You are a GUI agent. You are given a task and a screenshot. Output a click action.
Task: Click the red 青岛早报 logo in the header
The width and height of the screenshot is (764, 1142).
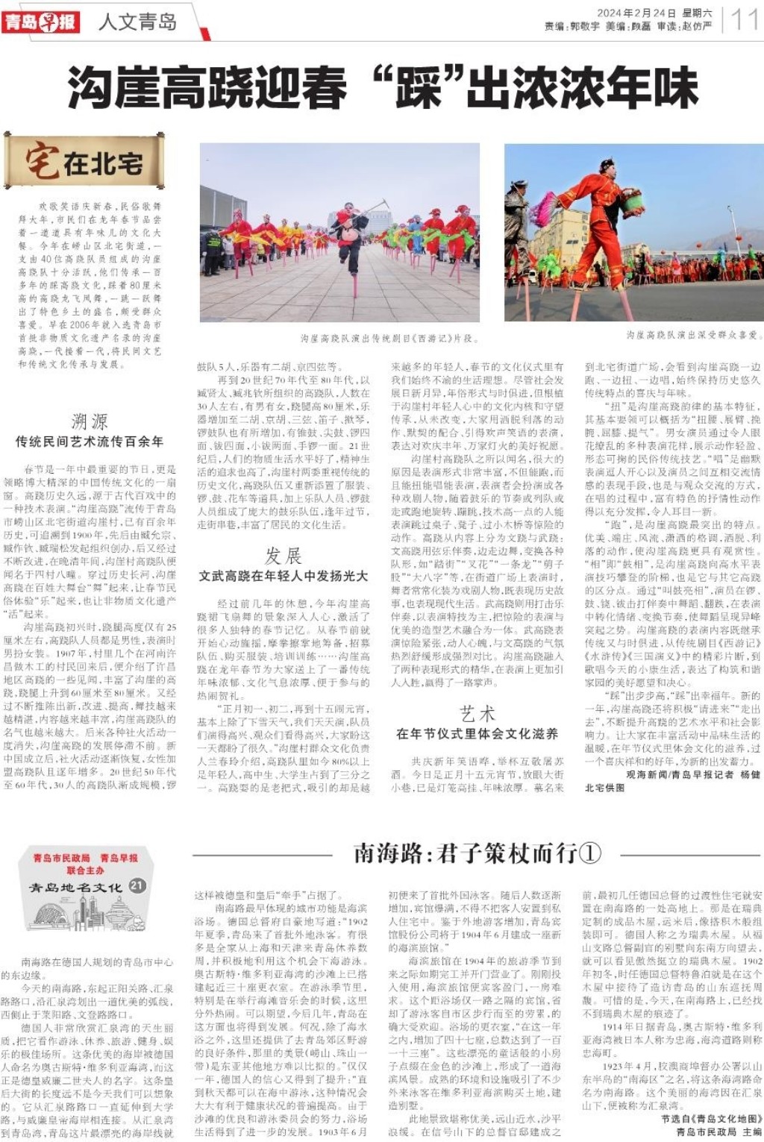tap(41, 22)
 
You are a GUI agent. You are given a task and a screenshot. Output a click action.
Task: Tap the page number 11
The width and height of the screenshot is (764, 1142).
tap(745, 19)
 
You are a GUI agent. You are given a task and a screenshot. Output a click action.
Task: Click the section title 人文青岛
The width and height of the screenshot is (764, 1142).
tap(137, 22)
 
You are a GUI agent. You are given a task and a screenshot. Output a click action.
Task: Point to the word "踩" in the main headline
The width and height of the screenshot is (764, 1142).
tap(417, 87)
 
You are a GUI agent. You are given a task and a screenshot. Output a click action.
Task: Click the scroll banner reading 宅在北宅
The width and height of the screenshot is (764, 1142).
tap(74, 163)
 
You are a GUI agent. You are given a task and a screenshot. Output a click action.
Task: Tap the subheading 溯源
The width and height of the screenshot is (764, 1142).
tap(90, 421)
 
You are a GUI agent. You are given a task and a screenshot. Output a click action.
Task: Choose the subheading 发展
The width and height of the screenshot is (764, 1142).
tap(283, 556)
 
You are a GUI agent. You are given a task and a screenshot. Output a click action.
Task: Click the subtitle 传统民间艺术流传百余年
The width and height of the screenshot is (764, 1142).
tap(90, 442)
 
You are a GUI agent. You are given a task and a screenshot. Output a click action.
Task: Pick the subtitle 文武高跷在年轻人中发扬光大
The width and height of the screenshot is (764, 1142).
tap(283, 576)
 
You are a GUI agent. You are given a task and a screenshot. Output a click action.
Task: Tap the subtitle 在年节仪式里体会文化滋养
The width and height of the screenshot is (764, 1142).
tap(477, 733)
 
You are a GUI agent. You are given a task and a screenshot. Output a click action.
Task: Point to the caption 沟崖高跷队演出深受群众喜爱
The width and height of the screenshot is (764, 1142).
tap(692, 336)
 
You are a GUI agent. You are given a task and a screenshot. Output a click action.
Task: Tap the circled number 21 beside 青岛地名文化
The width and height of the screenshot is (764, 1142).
tap(137, 885)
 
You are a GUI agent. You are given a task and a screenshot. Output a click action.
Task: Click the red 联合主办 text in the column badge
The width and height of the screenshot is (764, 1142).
tap(85, 870)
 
